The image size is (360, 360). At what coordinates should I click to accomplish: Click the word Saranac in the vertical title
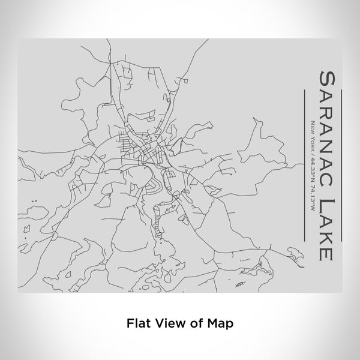coord(326,121)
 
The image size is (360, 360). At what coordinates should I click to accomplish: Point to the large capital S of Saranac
coord(327,76)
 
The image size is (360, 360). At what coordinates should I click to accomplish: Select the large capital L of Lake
coord(327,189)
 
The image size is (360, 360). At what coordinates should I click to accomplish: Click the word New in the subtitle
coord(312,127)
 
